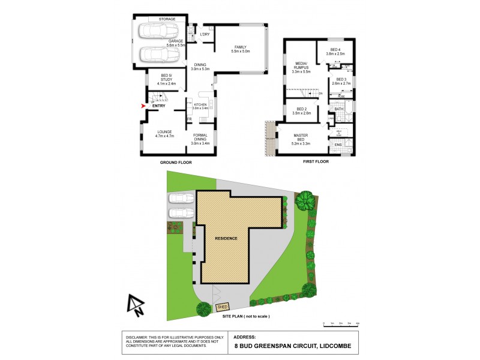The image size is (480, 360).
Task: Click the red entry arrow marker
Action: (x=142, y=106)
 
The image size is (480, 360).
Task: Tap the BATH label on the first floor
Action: (x=338, y=109)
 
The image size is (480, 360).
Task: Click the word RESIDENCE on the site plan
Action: (x=227, y=238)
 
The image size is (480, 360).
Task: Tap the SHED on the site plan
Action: (x=222, y=308)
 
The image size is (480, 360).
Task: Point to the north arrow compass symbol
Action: (x=136, y=305)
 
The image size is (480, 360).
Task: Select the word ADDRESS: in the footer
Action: (x=245, y=337)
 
